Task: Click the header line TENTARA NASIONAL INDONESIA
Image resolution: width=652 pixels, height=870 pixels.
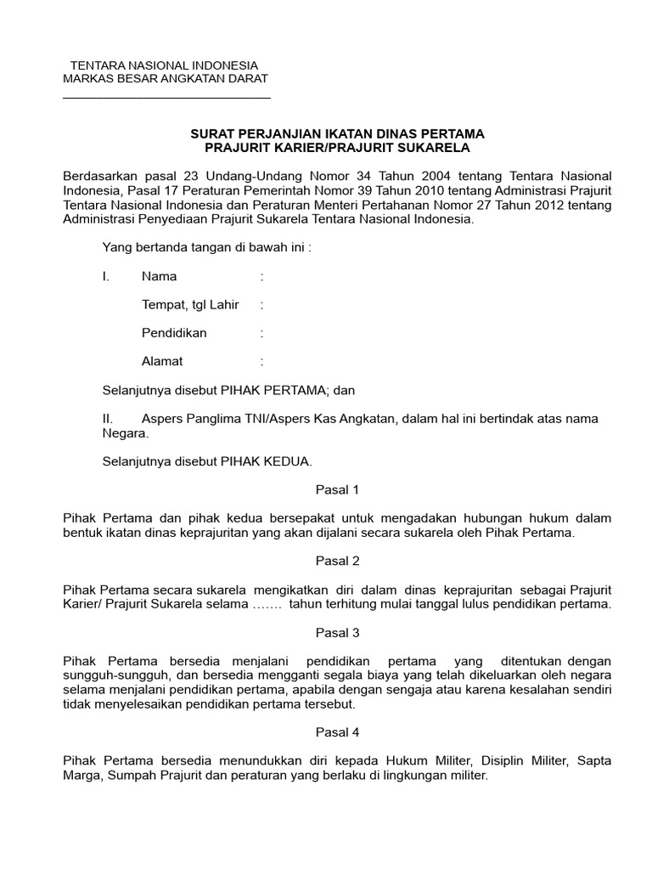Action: (x=163, y=65)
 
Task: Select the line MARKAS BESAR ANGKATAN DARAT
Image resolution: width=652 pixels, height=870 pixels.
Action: (x=166, y=79)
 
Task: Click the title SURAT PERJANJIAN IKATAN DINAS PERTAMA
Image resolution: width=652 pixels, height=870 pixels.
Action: (x=337, y=134)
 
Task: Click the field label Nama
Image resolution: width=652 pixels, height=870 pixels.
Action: (x=160, y=276)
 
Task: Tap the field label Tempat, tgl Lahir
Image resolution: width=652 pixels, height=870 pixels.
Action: (x=190, y=304)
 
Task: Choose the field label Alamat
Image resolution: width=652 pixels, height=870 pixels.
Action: (x=162, y=361)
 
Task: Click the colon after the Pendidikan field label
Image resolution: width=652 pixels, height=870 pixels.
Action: (x=262, y=333)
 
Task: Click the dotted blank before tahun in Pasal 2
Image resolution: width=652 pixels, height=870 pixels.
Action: (x=267, y=605)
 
